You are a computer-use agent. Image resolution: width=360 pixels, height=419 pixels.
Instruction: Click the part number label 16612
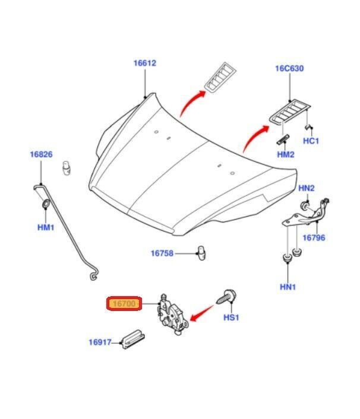(145, 64)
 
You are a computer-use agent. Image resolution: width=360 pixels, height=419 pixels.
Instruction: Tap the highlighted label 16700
(123, 304)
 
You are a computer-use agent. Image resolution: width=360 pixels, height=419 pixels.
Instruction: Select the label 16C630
(289, 69)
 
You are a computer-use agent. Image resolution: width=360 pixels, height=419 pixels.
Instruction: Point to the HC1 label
(312, 141)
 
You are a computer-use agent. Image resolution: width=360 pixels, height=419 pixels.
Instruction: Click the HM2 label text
(286, 155)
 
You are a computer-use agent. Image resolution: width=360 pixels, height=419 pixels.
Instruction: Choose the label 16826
(42, 155)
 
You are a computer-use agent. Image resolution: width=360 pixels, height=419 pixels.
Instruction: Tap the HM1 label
(46, 227)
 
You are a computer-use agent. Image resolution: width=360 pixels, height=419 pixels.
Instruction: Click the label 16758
(162, 253)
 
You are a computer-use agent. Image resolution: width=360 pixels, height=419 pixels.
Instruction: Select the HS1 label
(230, 318)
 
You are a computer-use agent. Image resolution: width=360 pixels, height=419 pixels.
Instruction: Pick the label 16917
(101, 342)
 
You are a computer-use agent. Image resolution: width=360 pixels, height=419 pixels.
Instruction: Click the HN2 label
(306, 189)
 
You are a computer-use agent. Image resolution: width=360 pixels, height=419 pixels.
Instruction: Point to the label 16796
(314, 237)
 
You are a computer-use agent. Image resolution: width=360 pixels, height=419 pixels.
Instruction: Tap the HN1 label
(289, 287)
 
